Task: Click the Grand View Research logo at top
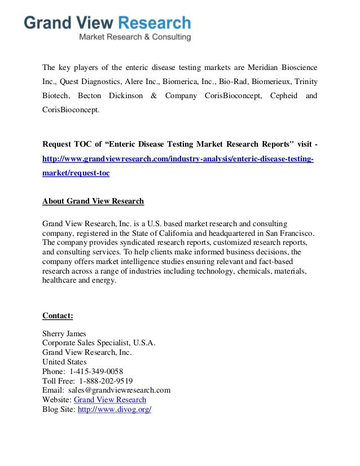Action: tap(107, 23)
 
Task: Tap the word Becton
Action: tap(90, 96)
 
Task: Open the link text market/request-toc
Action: tap(76, 173)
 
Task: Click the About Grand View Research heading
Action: tap(93, 201)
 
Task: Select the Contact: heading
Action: tap(58, 315)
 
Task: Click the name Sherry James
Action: tap(64, 333)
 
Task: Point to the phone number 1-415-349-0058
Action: tap(96, 371)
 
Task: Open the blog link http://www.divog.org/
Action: tap(115, 409)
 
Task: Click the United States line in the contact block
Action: tap(64, 362)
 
